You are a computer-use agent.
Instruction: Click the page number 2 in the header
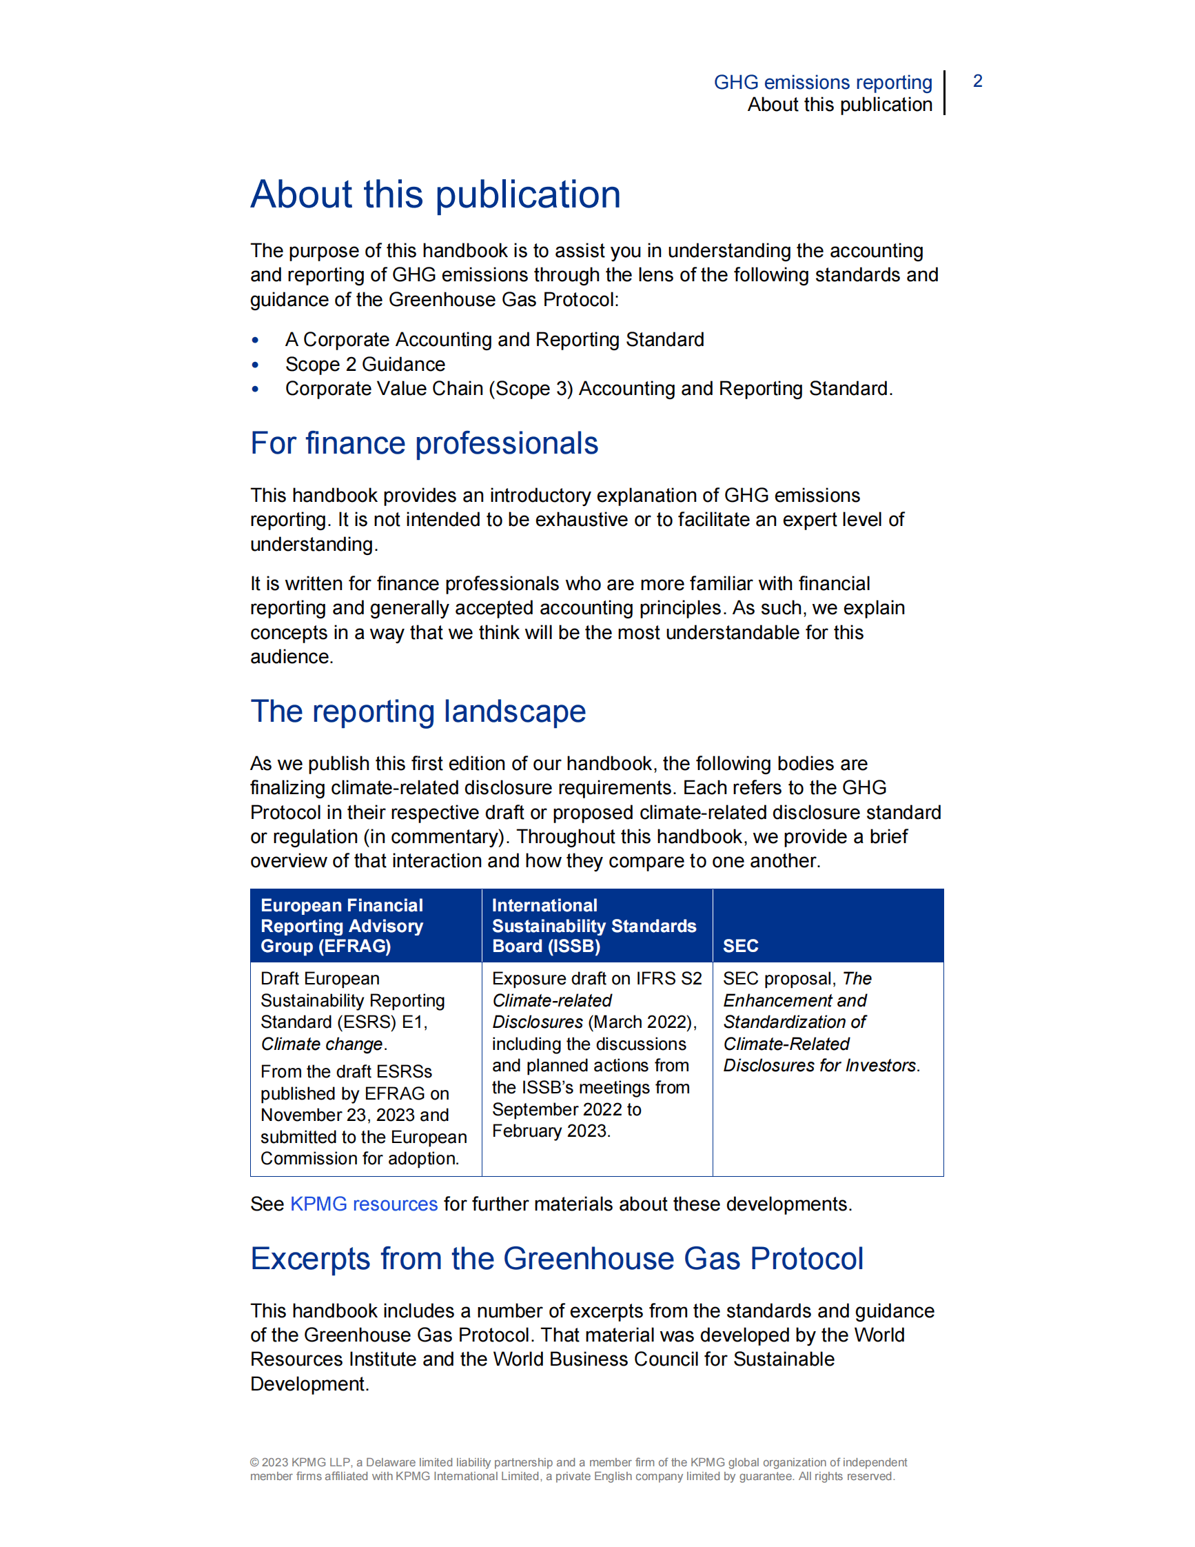977,81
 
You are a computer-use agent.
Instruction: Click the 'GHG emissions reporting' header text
823,82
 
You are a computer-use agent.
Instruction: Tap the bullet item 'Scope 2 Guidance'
365,364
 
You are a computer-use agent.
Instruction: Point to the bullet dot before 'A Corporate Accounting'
256,341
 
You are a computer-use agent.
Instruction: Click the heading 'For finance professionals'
424,443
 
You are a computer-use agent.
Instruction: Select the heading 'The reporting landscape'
418,711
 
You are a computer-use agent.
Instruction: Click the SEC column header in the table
741,946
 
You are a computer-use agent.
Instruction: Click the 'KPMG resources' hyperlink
364,1204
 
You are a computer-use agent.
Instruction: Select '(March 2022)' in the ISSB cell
642,1022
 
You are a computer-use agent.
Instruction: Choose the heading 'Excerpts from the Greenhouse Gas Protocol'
556,1259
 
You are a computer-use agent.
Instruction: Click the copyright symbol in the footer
254,1462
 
